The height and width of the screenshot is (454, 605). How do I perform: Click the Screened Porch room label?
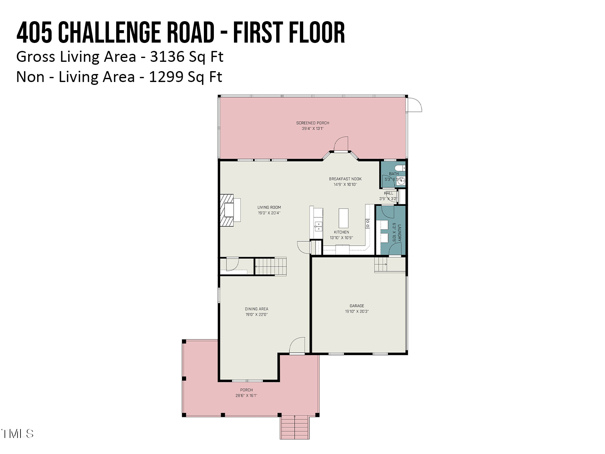coord(312,123)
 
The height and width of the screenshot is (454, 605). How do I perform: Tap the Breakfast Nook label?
coord(345,179)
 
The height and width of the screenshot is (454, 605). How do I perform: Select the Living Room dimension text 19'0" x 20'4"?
coord(269,213)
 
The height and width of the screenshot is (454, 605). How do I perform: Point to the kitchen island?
coord(343,218)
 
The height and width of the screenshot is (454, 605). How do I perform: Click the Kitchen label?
coord(341,232)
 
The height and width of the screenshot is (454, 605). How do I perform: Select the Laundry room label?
coord(399,233)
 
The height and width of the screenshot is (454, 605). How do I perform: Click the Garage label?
coord(357,306)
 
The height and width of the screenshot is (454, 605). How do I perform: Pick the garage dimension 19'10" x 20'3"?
coord(357,311)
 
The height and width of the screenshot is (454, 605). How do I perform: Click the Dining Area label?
coord(256,309)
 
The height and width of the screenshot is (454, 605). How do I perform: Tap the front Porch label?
coord(246,390)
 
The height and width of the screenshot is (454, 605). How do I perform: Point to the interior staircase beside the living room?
coord(270,266)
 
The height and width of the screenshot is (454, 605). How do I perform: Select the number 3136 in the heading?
coord(167,57)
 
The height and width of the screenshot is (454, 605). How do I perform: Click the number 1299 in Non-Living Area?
coord(166,77)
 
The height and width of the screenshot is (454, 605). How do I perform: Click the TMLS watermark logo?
coord(18,434)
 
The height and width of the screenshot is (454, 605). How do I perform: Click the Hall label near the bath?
coord(388,193)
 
